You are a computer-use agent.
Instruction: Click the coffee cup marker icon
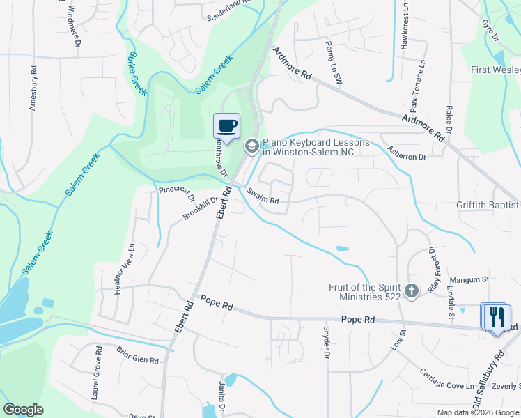(x=226, y=125)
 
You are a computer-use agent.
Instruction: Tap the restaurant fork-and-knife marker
(x=497, y=317)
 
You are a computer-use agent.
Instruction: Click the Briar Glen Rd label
(x=137, y=355)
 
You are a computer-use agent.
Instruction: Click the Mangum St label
(x=469, y=279)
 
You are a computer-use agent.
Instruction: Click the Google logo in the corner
(x=23, y=410)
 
